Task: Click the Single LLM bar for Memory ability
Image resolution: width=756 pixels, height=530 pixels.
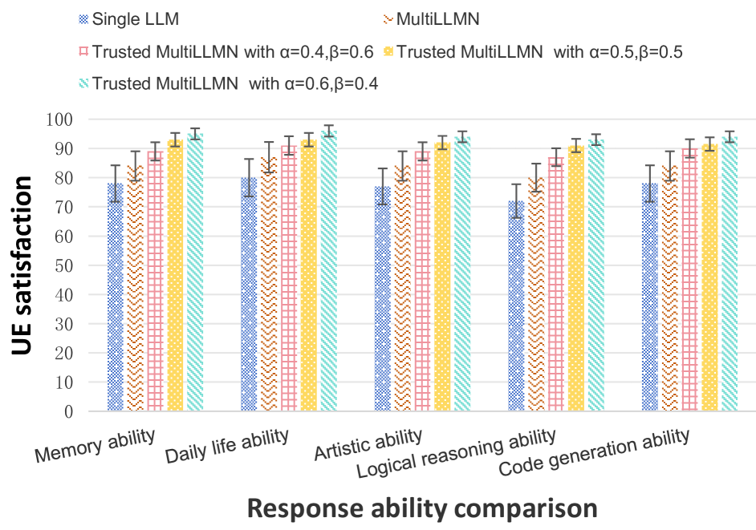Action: (116, 297)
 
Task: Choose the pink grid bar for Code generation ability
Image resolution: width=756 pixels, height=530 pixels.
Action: (689, 280)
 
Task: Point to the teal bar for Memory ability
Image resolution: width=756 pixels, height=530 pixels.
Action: (194, 272)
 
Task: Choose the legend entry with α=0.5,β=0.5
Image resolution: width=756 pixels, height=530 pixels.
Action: (534, 52)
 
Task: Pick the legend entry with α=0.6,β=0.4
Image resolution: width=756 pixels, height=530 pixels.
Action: (229, 83)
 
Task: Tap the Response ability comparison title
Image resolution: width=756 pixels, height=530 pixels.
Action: (421, 508)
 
